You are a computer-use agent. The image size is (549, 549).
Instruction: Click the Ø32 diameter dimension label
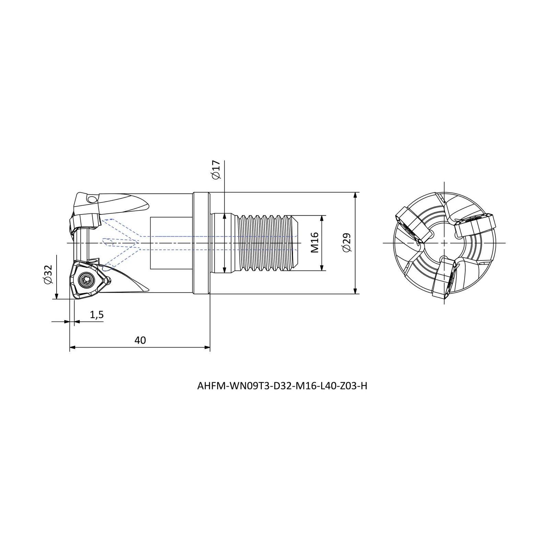(48, 274)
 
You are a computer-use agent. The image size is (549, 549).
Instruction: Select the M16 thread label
(315, 243)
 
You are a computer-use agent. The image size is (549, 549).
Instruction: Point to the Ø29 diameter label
(347, 243)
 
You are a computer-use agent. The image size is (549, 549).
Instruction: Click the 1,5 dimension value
(97, 315)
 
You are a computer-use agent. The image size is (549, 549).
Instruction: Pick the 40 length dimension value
(140, 340)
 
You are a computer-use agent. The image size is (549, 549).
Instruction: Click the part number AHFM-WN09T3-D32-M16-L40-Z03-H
(282, 386)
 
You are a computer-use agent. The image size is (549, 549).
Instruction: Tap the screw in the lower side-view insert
(84, 280)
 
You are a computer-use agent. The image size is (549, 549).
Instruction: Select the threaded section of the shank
(264, 243)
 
